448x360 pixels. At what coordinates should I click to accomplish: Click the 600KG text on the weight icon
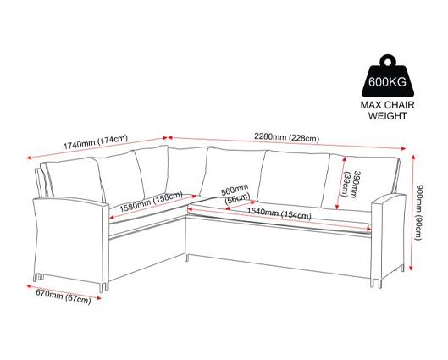coord(387,82)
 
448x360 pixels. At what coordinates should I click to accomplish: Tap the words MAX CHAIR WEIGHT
coord(387,110)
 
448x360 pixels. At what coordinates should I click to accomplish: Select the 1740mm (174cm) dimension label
coord(96,142)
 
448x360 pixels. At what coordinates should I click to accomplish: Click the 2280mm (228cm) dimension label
coord(286,138)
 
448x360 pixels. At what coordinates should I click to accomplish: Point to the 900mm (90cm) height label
coord(419,212)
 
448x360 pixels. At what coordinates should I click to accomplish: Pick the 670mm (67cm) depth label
coord(64,296)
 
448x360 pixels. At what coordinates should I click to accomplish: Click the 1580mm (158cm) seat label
coord(151,202)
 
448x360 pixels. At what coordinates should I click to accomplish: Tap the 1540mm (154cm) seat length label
coord(279,213)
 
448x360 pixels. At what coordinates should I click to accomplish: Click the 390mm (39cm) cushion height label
coord(351,184)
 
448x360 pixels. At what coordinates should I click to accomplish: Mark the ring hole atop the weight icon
coord(387,62)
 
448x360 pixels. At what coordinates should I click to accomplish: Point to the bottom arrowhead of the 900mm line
coord(411,268)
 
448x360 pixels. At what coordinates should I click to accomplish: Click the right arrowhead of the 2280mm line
coord(403,148)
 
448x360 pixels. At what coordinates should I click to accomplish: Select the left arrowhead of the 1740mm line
coord(29,158)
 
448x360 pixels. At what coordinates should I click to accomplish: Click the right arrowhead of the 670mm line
coord(99,298)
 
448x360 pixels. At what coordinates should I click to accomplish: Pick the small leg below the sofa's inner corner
coord(187,258)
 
